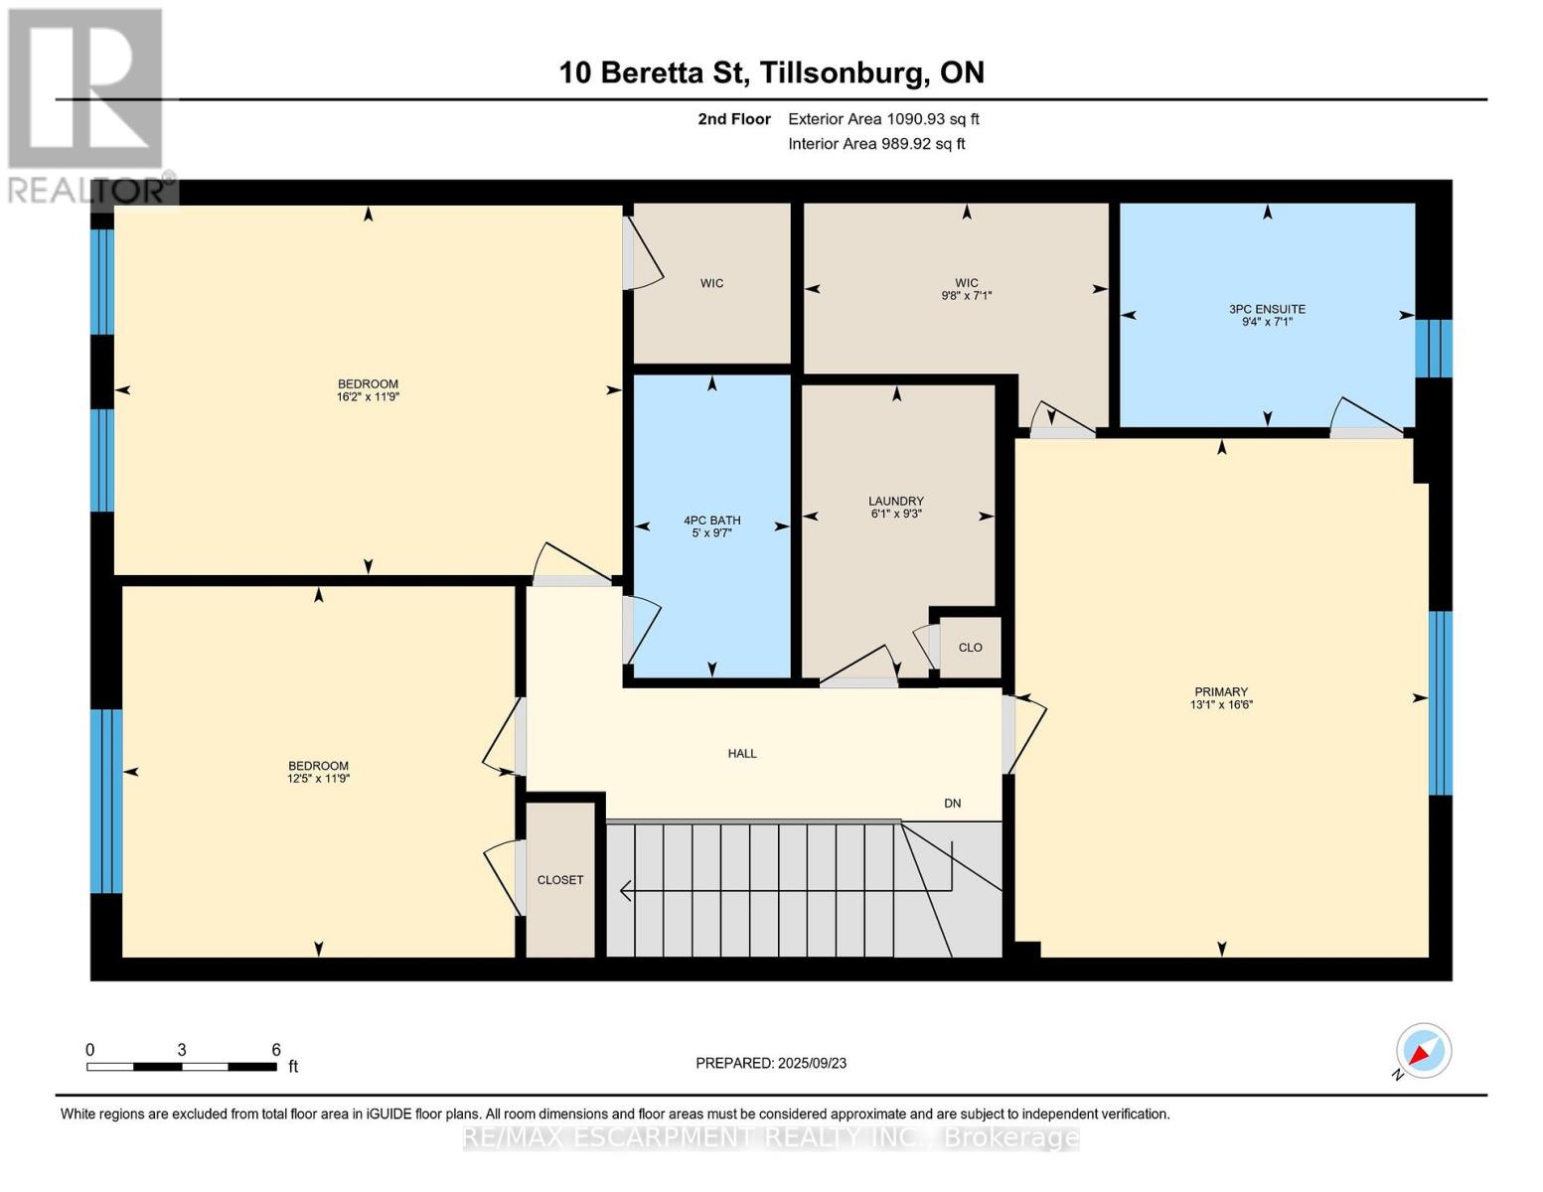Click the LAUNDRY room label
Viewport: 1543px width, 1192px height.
[896, 501]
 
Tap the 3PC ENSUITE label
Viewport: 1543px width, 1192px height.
[1268, 309]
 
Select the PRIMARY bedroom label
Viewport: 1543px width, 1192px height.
[1221, 691]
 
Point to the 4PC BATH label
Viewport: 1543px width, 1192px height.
[712, 521]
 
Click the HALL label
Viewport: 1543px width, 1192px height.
[742, 753]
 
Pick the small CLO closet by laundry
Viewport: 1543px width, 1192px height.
[970, 648]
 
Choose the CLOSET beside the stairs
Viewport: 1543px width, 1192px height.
[560, 880]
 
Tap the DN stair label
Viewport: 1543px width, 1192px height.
[952, 803]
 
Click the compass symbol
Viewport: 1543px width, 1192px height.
[1423, 1051]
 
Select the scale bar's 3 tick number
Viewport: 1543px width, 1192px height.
[182, 1049]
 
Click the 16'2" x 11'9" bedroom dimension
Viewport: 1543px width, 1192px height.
[368, 397]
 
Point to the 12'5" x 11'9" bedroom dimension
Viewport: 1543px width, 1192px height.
[318, 778]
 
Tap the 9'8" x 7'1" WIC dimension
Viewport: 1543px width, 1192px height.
[967, 295]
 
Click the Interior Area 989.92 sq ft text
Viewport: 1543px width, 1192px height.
[876, 143]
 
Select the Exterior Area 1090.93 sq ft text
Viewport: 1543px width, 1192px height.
[883, 118]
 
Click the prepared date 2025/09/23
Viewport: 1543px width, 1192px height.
[813, 1063]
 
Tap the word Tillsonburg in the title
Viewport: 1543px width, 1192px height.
[845, 74]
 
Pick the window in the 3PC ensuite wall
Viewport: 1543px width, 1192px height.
[1434, 348]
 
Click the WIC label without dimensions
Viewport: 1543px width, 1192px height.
[711, 283]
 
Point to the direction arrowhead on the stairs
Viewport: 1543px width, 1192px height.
[626, 890]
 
